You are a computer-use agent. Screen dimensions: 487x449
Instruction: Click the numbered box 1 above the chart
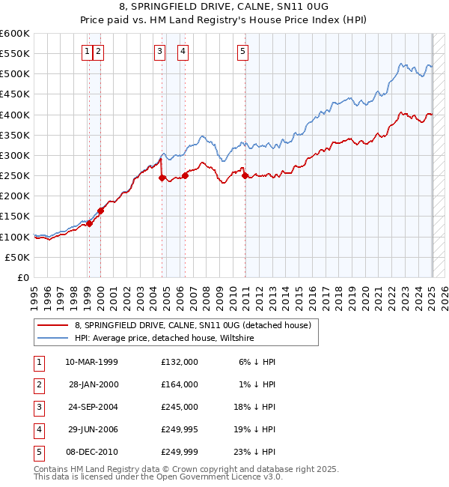click(x=88, y=51)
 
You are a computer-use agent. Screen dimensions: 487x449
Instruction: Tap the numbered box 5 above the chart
click(x=243, y=51)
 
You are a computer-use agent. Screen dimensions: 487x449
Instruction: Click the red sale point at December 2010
click(x=245, y=176)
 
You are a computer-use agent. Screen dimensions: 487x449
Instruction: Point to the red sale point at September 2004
click(x=162, y=178)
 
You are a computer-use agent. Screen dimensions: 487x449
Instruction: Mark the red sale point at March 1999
click(x=89, y=223)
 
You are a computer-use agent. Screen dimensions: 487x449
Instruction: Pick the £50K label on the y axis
click(x=18, y=257)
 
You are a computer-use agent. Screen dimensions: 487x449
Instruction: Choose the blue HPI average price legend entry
click(x=165, y=338)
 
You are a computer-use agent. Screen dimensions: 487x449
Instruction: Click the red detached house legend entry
click(x=198, y=325)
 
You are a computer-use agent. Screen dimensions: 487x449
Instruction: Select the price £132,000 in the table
click(x=179, y=362)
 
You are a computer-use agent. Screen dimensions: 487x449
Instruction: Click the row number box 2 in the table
click(x=38, y=384)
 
